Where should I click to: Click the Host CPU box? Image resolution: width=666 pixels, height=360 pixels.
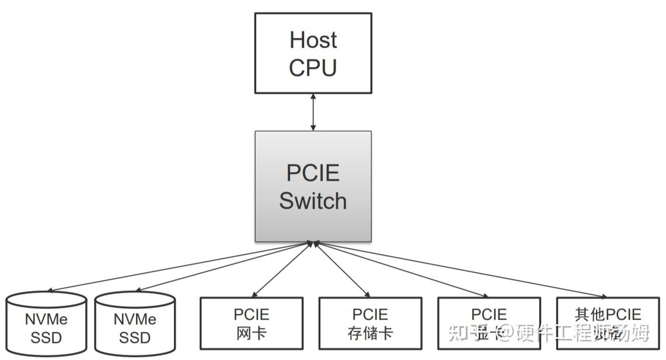point(313,53)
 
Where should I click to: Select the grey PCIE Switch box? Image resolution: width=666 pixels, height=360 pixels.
point(313,186)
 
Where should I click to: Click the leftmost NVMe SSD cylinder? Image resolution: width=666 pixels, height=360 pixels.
point(46,324)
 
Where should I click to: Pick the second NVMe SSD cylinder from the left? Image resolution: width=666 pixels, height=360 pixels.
point(135,324)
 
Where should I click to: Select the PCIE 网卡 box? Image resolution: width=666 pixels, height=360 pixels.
point(252,323)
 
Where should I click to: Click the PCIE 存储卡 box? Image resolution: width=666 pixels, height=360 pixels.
point(370,323)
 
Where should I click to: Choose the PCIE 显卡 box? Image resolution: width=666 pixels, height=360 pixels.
point(489,323)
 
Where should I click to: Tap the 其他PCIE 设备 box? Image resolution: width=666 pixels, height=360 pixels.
point(608,323)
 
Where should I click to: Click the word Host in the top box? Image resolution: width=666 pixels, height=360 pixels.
point(313,40)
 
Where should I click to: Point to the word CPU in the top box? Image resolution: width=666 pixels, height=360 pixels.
point(313,68)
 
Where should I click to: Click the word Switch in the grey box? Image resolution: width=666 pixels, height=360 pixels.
point(313,201)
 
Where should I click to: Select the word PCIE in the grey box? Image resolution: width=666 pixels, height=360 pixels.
point(313,173)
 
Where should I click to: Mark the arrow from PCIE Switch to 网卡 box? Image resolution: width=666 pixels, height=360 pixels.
point(283,269)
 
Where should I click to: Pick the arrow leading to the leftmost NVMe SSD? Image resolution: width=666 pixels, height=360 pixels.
point(181,265)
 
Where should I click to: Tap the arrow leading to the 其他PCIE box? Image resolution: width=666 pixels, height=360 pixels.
point(461,269)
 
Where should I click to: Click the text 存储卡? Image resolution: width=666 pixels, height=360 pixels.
point(370,333)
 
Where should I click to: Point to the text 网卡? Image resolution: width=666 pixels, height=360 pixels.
point(252,333)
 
